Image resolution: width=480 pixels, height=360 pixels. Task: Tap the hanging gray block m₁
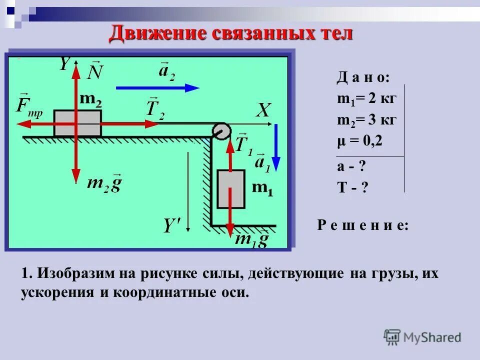point(231,189)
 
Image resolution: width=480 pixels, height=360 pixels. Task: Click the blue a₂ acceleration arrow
point(157,87)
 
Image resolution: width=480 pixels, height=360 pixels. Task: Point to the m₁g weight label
point(252,239)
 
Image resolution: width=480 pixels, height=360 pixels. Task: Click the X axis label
point(263,110)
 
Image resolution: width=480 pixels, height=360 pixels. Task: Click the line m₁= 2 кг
point(366,98)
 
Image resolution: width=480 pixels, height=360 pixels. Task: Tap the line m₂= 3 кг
point(366,120)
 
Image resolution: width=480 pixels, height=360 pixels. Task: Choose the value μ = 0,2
point(359,141)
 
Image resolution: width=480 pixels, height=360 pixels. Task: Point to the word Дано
point(363,78)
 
